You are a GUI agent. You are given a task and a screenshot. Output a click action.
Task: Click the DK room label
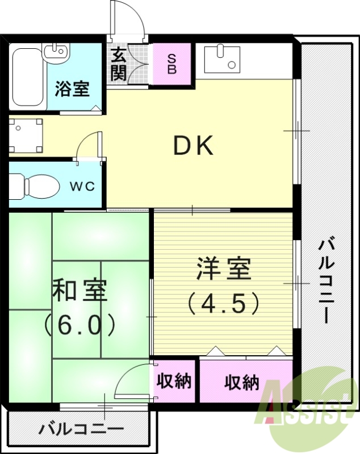click(193, 147)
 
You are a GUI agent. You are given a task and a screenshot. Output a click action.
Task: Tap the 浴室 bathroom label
click(72, 89)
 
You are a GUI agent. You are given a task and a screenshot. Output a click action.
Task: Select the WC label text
click(81, 186)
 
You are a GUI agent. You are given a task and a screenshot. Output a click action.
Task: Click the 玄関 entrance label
click(119, 64)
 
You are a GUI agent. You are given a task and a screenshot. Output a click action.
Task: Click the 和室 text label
click(79, 291)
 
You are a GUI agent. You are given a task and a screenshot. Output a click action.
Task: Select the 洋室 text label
click(224, 269)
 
